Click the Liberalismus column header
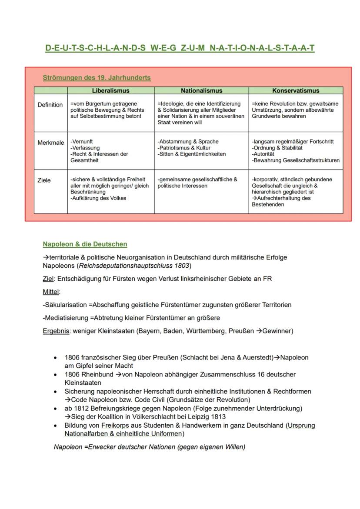[110, 91]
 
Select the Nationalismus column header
[201, 91]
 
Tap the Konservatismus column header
[296, 91]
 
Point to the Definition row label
[50, 105]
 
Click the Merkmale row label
[50, 143]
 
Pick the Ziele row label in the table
[44, 180]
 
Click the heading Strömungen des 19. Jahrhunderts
[97, 78]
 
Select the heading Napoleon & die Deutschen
[85, 244]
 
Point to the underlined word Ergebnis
[56, 331]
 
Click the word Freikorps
[114, 425]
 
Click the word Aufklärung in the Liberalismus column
[84, 198]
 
